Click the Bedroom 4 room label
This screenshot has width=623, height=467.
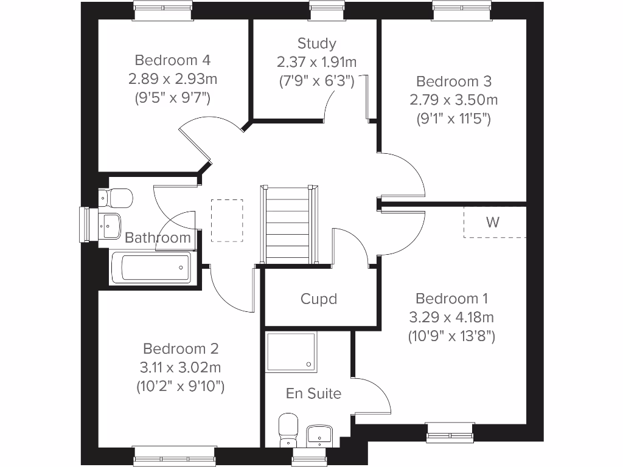coord(173,60)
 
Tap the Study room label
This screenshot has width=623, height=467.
coord(316,43)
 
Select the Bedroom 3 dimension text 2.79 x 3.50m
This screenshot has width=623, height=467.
coord(453,99)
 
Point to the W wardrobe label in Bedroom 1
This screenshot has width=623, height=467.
coord(493,222)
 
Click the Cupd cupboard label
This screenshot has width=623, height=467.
coord(319,299)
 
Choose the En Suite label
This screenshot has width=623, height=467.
coord(314,393)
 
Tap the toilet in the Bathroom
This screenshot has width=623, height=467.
coord(116,197)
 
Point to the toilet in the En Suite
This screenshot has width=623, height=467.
coord(287,429)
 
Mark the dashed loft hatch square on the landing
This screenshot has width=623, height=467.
coord(227,220)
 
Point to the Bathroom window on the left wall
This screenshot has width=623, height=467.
coord(85,224)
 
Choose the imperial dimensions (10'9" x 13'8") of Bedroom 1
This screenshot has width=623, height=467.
coord(451,335)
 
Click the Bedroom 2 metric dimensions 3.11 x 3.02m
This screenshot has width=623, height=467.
coord(181,367)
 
